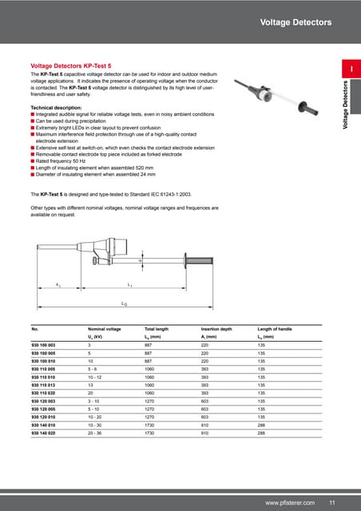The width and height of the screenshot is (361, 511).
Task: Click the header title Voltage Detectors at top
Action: pos(296,23)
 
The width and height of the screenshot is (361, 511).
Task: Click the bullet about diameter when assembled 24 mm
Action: pos(99,175)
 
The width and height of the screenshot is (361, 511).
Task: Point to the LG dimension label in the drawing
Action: pos(124,304)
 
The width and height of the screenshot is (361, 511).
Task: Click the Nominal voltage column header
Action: pos(105,328)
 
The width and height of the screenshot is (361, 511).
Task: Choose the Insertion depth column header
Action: pos(217,328)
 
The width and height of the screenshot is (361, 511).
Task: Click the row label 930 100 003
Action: pos(45,345)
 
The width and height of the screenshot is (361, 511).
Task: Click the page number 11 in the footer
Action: pos(331,501)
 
